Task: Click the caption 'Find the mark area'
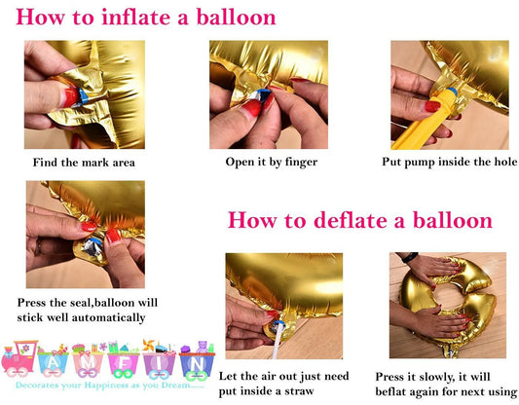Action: coord(84,163)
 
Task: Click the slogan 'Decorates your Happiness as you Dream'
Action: coord(107,387)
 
